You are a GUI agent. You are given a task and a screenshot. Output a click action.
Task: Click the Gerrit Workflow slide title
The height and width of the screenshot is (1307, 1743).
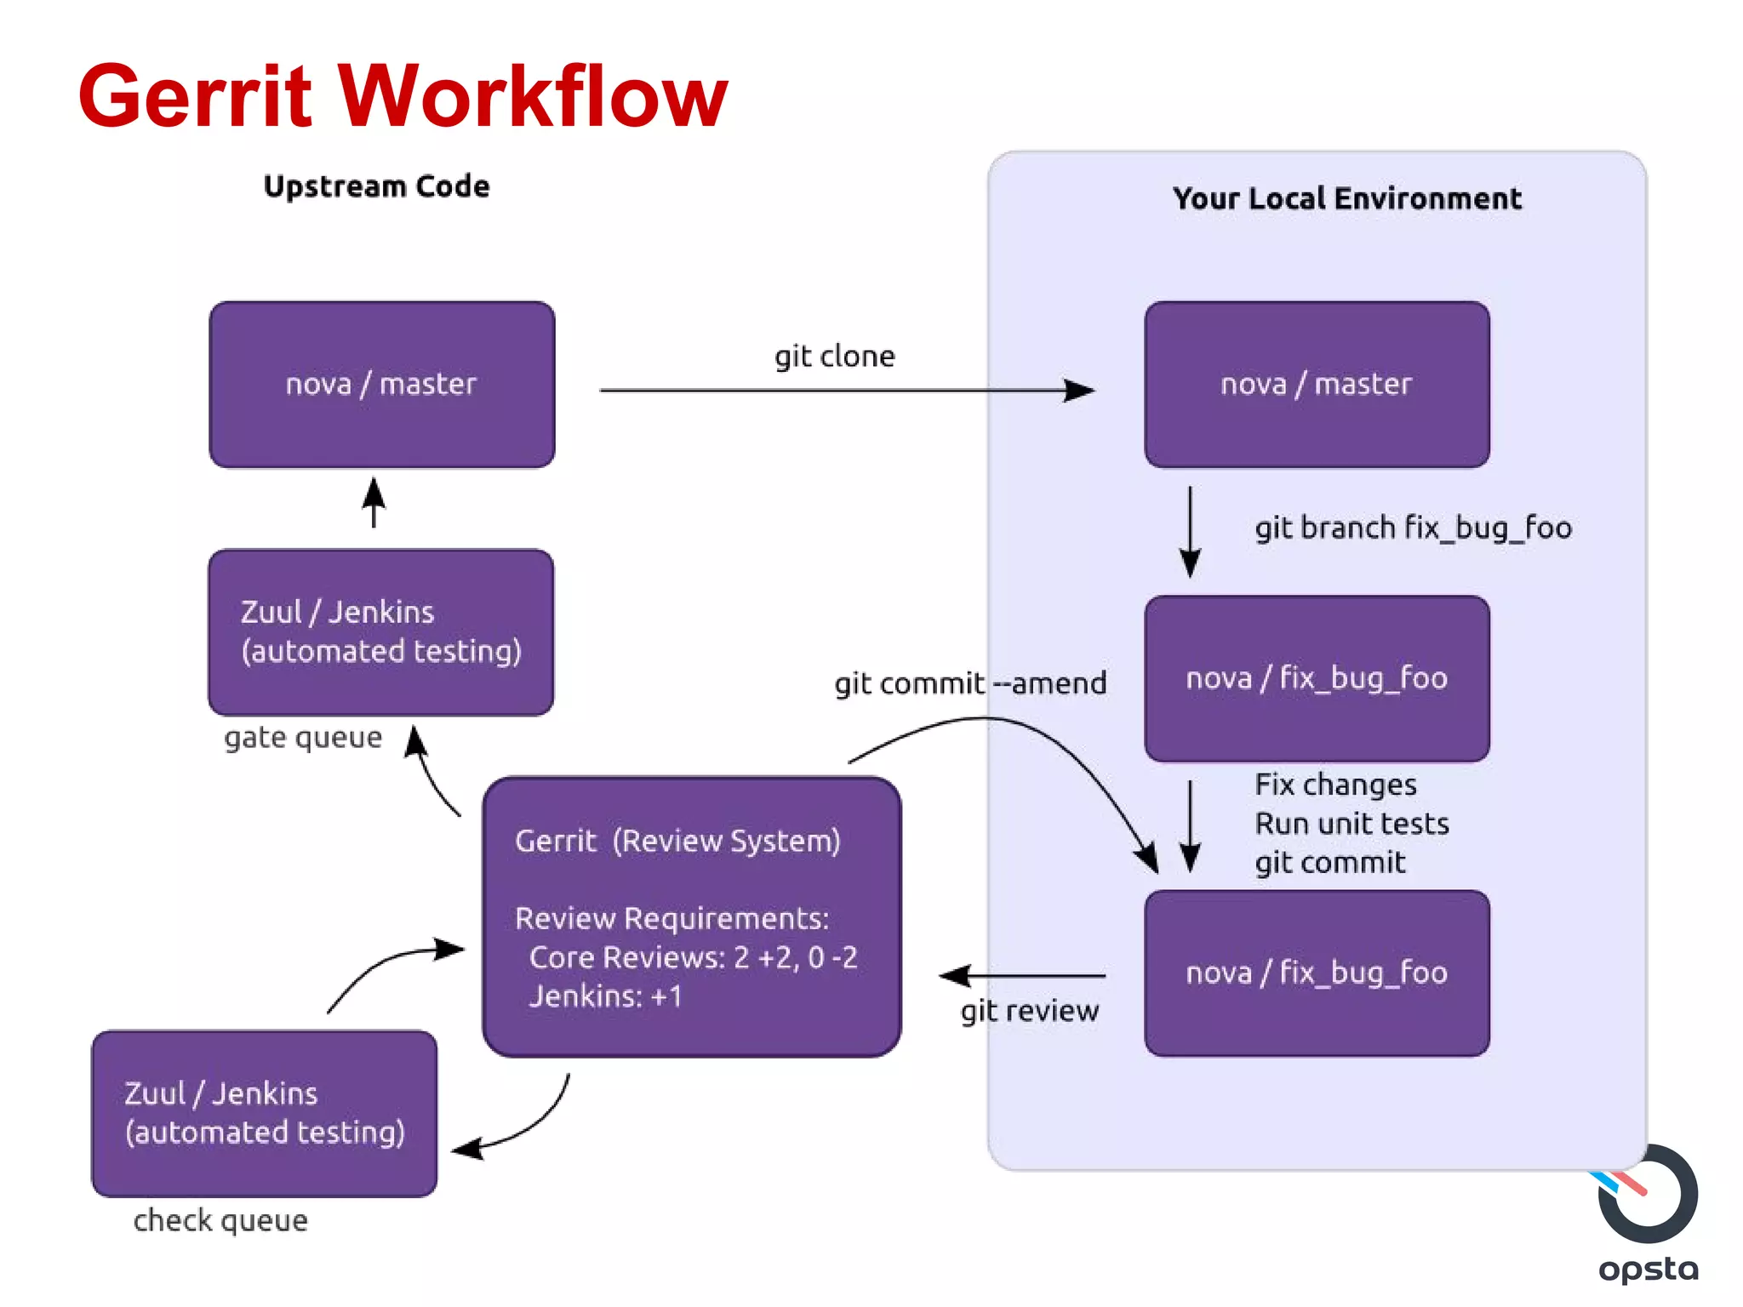(402, 95)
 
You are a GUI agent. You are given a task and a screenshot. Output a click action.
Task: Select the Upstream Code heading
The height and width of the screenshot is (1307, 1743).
(376, 186)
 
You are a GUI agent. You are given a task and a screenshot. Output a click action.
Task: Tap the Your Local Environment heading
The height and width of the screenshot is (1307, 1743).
(1346, 198)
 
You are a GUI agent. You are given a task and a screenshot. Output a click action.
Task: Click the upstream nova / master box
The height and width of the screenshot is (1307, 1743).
(381, 385)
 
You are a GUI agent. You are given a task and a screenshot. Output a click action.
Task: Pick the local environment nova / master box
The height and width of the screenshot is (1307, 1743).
(1317, 385)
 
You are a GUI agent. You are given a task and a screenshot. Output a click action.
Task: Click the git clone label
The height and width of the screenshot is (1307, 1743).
(834, 356)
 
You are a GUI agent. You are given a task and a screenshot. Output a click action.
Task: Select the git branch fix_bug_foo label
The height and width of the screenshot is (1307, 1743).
(1413, 528)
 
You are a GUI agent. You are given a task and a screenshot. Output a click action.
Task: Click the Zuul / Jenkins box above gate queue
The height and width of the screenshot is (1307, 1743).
(381, 631)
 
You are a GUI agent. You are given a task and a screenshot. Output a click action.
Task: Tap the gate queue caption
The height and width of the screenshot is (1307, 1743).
(303, 737)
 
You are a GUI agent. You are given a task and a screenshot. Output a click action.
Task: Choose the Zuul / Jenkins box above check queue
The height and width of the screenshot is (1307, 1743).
(265, 1113)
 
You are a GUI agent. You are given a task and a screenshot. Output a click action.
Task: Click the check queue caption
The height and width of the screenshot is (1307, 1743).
(220, 1220)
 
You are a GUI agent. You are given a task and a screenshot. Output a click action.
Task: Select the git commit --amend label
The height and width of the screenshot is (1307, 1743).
(970, 682)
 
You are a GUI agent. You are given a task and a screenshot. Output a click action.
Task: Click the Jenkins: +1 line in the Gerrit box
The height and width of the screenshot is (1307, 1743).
(606, 996)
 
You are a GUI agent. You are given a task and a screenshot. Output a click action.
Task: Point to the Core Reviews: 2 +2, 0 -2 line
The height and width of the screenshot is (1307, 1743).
(693, 957)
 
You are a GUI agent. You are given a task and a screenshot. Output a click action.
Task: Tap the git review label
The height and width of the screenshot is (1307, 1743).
(1030, 1010)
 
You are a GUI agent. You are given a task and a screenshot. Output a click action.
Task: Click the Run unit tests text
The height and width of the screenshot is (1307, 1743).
(1352, 824)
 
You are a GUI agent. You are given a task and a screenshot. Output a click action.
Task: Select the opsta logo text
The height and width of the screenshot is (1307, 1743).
(1648, 1270)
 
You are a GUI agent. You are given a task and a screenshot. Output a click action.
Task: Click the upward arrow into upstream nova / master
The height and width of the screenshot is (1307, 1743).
(374, 502)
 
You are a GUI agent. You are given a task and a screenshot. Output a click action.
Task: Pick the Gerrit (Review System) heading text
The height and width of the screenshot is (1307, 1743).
(677, 841)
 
